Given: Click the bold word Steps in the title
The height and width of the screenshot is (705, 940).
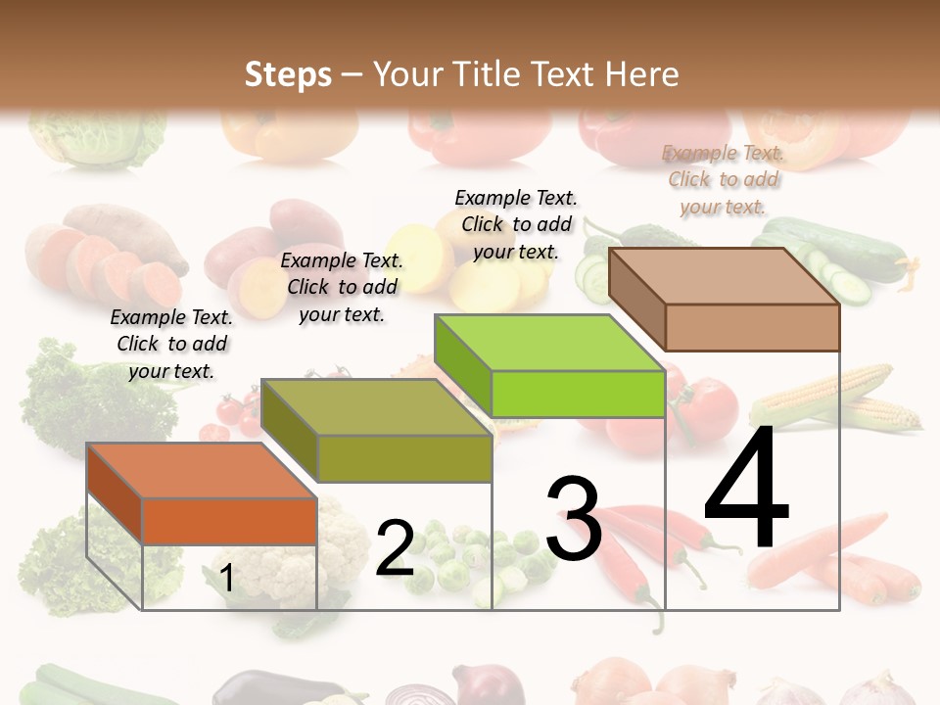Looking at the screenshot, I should pos(288,74).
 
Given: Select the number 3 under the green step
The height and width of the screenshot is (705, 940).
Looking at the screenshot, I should pos(573,519).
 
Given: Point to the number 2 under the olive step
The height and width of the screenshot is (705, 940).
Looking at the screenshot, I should pos(395,548).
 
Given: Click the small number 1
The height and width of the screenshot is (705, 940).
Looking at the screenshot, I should pos(227,579).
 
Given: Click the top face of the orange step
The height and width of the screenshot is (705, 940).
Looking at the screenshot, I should pos(201,471).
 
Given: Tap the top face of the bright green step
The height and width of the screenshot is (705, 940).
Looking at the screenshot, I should pos(549,344).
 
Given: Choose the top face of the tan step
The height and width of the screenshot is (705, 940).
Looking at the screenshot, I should pos(724,276).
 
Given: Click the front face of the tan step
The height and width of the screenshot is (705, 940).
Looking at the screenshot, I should pos(752,327).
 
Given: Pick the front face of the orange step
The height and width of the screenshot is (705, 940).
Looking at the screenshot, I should pos(229,521).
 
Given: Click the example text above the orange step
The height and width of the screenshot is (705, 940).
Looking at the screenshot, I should pos(171,344).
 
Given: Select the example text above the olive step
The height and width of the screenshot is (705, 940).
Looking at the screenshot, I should pos(342,287).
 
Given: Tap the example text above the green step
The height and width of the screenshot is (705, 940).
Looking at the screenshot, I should pos(516,224).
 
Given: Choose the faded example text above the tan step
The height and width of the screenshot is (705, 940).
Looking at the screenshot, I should pos(724,179).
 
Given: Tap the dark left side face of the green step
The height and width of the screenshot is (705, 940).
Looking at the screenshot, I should pos(462,366).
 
